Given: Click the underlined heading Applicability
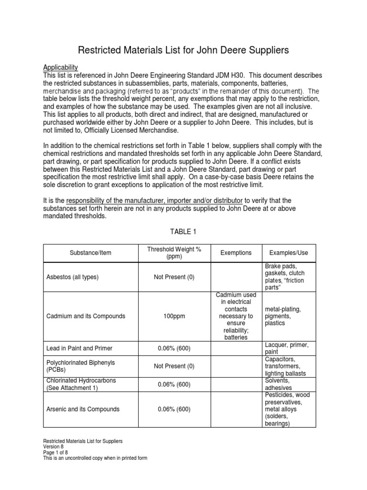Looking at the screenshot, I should tap(60, 67).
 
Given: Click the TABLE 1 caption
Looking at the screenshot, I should tap(183, 232).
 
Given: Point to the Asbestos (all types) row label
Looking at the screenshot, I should tap(73, 277).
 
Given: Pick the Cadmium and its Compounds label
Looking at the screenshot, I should tap(86, 316).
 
